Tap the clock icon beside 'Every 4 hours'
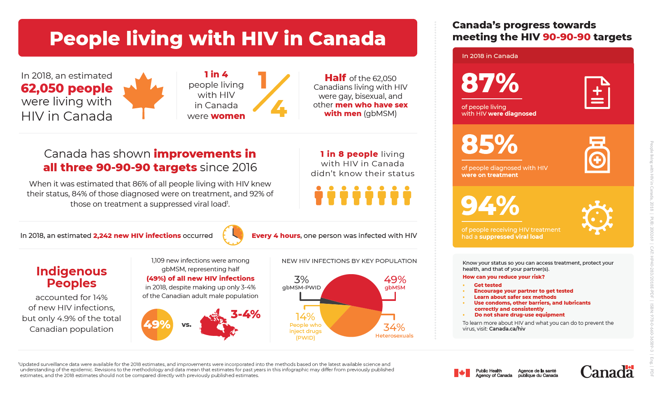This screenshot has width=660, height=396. [x=233, y=235]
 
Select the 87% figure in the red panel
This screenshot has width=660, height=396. [x=490, y=83]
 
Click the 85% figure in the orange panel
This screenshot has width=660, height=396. [x=489, y=144]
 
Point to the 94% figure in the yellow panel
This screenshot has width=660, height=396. [x=490, y=206]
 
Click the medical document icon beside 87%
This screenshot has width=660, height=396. [x=597, y=93]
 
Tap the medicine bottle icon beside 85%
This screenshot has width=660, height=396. [x=597, y=155]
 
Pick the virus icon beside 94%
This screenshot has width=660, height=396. [x=597, y=217]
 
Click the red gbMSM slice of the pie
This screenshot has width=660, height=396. [x=354, y=290]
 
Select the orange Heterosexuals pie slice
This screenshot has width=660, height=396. [x=358, y=321]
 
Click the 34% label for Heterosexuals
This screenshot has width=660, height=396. [x=394, y=327]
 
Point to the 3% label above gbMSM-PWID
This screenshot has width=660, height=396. [x=301, y=280]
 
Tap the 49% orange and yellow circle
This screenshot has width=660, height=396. [x=157, y=325]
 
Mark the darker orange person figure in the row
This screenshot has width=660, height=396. [x=318, y=196]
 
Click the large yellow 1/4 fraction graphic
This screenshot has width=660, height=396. [x=272, y=94]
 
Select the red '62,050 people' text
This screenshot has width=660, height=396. [x=67, y=88]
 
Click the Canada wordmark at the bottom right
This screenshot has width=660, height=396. [x=607, y=372]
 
